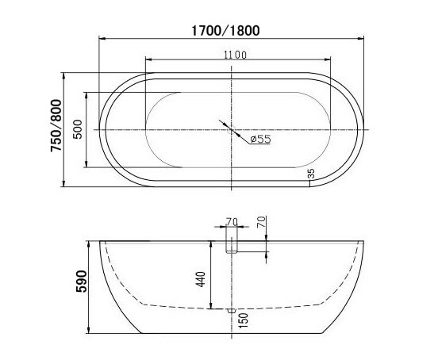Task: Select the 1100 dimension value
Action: pos(235,54)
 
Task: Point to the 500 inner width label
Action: pos(78,129)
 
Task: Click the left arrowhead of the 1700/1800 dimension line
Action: pos(101,38)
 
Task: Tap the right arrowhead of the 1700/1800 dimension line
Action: pos(366,38)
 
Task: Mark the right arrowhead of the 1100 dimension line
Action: pos(328,60)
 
